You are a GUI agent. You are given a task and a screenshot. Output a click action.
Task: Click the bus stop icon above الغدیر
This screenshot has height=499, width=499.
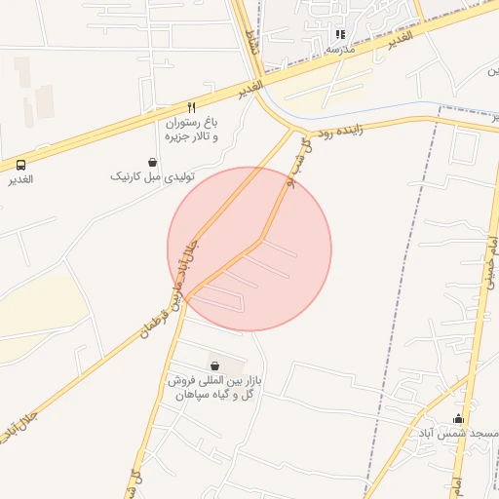(x=21, y=165)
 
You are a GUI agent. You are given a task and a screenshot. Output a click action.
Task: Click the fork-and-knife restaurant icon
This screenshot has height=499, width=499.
(x=191, y=108)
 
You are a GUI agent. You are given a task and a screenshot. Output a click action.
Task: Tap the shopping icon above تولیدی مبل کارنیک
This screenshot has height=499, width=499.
(x=152, y=162)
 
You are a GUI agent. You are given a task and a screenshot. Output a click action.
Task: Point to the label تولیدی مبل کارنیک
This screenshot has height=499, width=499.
(x=153, y=176)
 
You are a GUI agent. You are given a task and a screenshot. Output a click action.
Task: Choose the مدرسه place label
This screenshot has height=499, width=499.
(x=339, y=48)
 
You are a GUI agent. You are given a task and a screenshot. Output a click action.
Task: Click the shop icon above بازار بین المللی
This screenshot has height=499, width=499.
(x=214, y=365)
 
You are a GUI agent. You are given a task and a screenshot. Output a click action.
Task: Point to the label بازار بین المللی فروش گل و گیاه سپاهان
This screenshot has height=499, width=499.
(x=214, y=386)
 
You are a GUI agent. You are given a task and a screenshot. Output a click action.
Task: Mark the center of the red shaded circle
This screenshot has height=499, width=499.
(x=249, y=249)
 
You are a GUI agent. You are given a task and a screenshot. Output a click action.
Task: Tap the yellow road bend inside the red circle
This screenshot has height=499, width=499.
(x=261, y=239)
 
